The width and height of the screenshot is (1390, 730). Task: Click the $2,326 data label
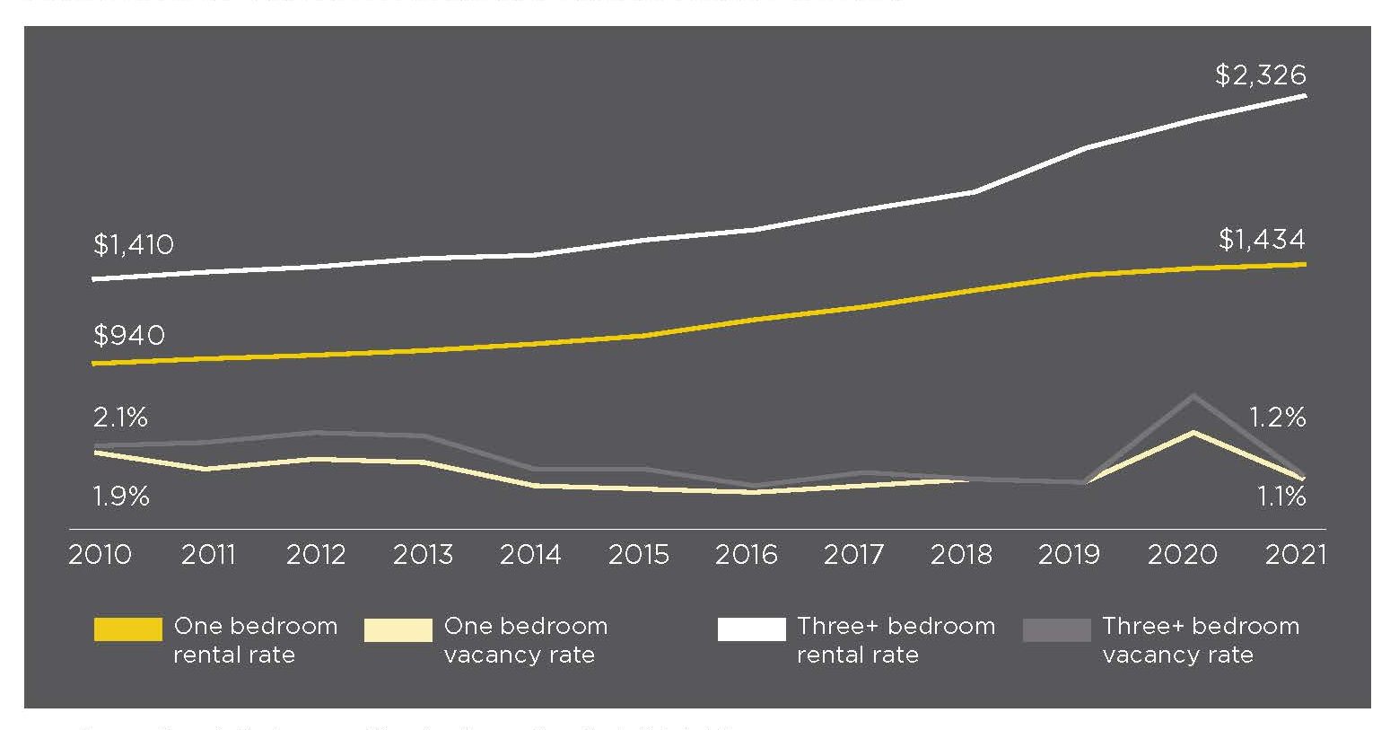click(1260, 75)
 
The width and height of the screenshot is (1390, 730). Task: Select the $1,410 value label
click(133, 244)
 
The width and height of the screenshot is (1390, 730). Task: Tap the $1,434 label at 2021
click(1261, 240)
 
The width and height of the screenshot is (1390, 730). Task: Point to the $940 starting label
click(128, 336)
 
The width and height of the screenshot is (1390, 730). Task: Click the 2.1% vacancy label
click(120, 418)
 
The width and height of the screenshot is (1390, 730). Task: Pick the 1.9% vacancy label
click(120, 496)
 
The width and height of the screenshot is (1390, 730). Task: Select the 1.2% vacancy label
click(1277, 418)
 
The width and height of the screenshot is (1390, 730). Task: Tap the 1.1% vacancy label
click(1281, 496)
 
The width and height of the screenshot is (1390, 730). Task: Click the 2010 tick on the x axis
click(100, 555)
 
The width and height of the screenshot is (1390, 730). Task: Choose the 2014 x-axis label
click(530, 555)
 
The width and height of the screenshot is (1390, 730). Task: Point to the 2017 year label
click(853, 555)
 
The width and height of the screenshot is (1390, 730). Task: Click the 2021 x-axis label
click(1295, 555)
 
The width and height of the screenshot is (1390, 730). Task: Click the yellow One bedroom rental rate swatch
click(128, 629)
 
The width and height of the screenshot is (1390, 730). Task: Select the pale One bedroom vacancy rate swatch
click(398, 629)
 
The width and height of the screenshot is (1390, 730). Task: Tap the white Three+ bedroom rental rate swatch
click(751, 629)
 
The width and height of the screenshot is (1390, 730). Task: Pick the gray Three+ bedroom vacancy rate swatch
click(1056, 629)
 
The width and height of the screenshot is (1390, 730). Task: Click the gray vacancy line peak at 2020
click(1193, 396)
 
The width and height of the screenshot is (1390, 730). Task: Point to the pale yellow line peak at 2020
click(1193, 433)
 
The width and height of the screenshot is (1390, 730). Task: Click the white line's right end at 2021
click(1304, 95)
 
